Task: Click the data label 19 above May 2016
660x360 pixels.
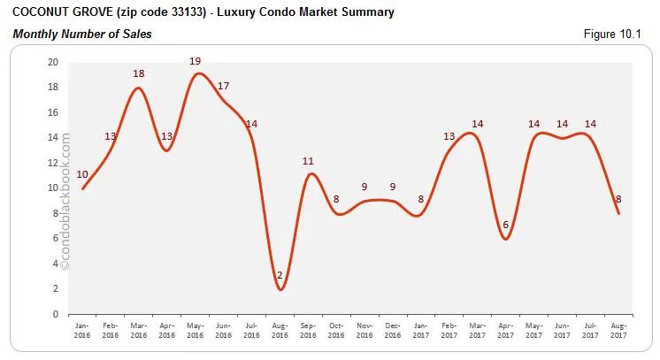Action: pos(195,61)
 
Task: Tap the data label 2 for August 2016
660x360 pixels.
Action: pos(280,275)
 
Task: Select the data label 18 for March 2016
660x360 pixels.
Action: pos(139,73)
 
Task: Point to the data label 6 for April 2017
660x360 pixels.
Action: pos(504,226)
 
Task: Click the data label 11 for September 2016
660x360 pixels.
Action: pos(308,162)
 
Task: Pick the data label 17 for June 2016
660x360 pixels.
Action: pos(223,86)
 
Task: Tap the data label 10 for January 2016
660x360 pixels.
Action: pos(82,174)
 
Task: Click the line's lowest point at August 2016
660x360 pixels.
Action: pos(280,289)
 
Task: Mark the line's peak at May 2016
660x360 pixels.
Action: pos(196,73)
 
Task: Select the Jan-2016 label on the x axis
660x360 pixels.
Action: pos(82,330)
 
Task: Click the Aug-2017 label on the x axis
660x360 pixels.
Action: pos(618,330)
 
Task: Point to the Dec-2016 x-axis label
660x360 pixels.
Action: pos(393,330)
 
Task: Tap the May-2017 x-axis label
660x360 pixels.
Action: pos(533,330)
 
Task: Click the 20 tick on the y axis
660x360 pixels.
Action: pos(53,63)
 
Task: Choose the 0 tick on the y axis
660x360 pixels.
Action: pos(55,314)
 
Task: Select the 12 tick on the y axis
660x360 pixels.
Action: pos(53,164)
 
